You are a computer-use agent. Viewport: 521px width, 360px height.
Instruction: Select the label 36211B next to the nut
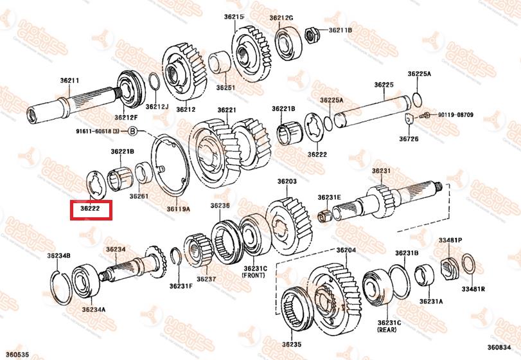coord(340,30)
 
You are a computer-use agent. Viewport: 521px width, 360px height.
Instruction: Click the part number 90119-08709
coord(456,115)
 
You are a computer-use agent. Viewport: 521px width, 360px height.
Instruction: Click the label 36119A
coord(178,208)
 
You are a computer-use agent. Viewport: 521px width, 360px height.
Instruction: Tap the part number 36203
coord(287,182)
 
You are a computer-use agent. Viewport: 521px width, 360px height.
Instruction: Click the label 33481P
coord(450,240)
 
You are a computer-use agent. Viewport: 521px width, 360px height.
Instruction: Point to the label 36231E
coord(329,197)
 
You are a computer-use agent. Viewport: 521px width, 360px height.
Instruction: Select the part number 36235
coord(291,344)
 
